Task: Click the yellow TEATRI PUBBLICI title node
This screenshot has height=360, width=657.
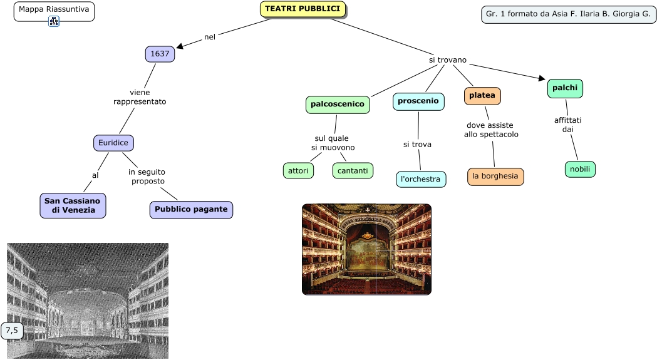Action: click(x=303, y=9)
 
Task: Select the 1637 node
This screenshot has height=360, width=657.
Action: click(x=160, y=54)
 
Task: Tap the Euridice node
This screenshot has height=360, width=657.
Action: click(x=113, y=143)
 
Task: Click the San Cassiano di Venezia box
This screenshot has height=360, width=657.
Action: click(x=73, y=205)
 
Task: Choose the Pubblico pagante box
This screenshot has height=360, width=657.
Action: click(x=191, y=210)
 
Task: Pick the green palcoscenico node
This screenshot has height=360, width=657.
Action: click(x=338, y=105)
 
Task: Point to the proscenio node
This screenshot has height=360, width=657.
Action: click(x=418, y=101)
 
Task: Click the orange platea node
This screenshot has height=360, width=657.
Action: click(x=482, y=96)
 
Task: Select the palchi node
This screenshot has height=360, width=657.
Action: click(x=565, y=89)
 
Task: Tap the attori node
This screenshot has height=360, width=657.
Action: click(x=298, y=170)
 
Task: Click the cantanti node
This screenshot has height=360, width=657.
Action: click(x=353, y=170)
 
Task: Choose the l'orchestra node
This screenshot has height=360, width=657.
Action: click(x=421, y=180)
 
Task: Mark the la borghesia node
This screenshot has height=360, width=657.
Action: click(x=495, y=177)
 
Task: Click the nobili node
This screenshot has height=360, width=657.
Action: click(x=580, y=169)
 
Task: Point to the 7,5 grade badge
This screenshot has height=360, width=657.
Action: click(x=12, y=330)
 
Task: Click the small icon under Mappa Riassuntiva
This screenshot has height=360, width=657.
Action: click(x=54, y=21)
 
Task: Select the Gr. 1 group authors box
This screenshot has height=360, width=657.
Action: click(x=568, y=14)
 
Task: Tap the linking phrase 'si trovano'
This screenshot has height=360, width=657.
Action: click(x=447, y=60)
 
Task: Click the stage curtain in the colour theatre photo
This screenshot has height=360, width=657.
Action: click(x=367, y=255)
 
